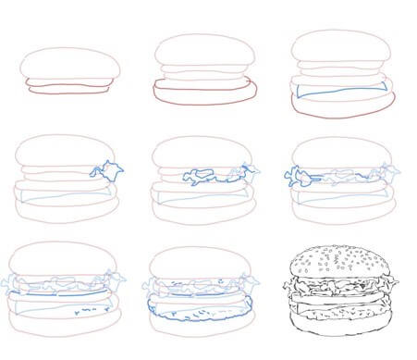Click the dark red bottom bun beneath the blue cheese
coord(342,109)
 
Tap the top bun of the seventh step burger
coord(65,259)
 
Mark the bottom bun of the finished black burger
coord(342,324)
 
